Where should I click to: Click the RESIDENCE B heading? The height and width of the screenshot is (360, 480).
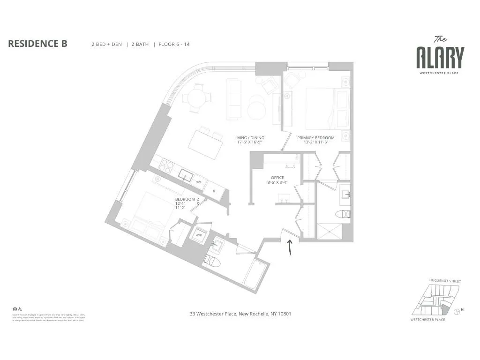coord(38,44)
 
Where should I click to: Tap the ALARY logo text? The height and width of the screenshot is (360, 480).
coord(440,58)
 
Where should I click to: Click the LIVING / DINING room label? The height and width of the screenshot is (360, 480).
coord(249,140)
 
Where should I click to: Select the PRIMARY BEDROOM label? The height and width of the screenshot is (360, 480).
coord(316,140)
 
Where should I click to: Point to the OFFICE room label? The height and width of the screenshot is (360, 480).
coord(277,180)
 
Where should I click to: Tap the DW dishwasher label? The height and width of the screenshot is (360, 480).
coord(198,182)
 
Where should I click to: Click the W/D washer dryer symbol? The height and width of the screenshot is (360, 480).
coord(199,235)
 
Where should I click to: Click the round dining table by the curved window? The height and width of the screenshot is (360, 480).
coord(193,98)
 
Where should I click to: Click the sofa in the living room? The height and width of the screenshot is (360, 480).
coord(233,99)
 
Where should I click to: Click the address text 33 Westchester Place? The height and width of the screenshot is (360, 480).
coord(240,314)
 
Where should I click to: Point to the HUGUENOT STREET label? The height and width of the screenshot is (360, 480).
coord(445,281)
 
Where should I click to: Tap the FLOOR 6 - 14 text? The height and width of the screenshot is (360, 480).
coord(174,45)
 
